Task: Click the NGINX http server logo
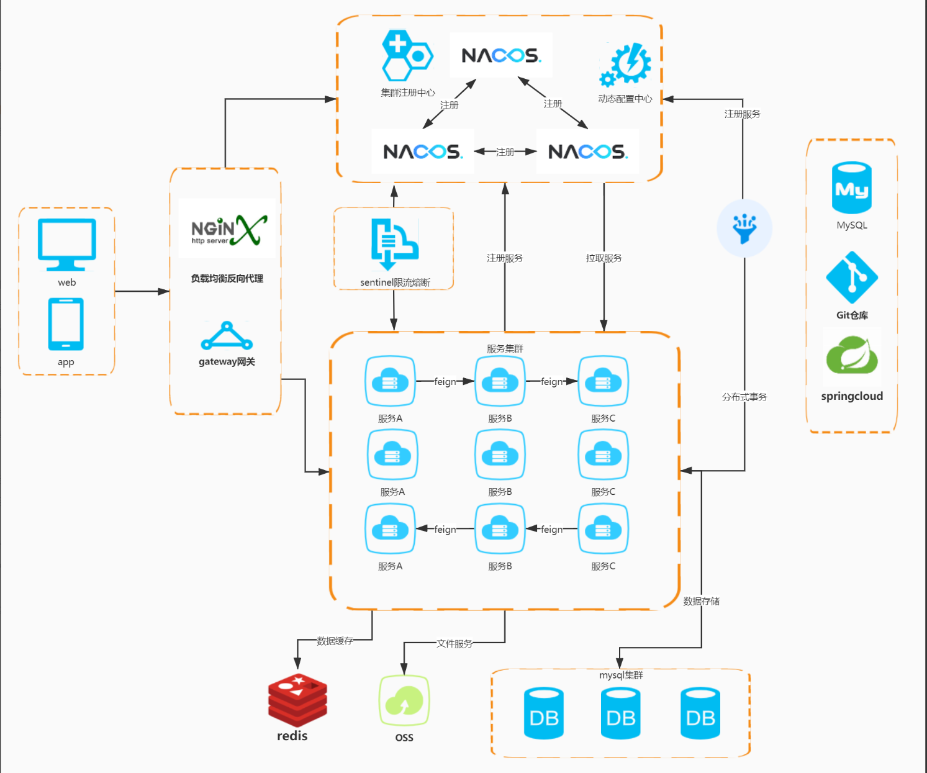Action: click(227, 229)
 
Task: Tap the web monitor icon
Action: click(67, 245)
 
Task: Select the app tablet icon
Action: click(66, 324)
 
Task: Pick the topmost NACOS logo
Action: click(501, 55)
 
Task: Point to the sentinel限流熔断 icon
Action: click(394, 244)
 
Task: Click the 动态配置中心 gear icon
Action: click(626, 64)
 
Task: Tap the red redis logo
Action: click(297, 700)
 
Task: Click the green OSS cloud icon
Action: click(404, 700)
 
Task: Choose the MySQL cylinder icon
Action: click(852, 188)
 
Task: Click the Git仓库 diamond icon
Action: click(852, 278)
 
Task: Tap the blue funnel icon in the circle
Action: click(744, 228)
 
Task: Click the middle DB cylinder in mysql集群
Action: click(620, 713)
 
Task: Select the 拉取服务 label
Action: click(604, 258)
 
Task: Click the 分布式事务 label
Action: click(744, 397)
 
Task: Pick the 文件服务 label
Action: click(454, 644)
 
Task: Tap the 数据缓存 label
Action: click(335, 641)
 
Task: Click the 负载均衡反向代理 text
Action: click(227, 278)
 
